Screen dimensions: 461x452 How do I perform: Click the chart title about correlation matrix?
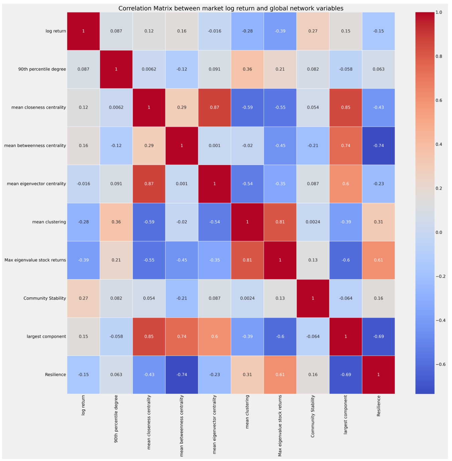(231, 8)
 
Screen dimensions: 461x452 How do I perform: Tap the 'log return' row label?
(56, 31)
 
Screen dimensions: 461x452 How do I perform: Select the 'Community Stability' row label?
(45, 298)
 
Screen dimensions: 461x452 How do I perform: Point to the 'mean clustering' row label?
(49, 222)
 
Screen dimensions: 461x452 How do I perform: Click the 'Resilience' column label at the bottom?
(379, 406)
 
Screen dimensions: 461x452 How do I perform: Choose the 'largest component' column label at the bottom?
(346, 415)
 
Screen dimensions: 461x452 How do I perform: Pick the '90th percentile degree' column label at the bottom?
(116, 419)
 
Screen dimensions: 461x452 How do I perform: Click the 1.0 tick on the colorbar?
(439, 12)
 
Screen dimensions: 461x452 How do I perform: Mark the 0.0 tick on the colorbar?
(439, 233)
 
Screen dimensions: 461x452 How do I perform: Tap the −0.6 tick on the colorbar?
(440, 364)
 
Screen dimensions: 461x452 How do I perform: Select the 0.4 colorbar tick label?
(439, 144)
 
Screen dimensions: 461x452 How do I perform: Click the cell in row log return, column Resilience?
(379, 31)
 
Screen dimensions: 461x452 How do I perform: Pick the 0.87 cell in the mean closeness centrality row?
(214, 107)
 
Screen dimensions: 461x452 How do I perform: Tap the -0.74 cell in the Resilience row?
(182, 374)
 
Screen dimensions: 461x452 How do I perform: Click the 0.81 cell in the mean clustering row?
(280, 222)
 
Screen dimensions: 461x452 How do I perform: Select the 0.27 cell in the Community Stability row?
(84, 298)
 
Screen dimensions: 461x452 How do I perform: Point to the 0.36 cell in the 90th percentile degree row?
(247, 69)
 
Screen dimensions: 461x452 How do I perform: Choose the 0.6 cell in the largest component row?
(214, 336)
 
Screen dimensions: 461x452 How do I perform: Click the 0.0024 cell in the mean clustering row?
(313, 222)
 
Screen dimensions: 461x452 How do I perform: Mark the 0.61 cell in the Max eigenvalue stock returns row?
(379, 260)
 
